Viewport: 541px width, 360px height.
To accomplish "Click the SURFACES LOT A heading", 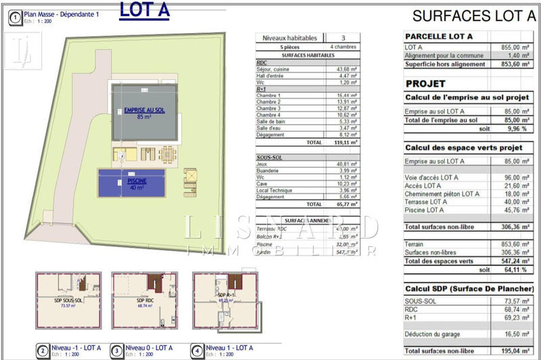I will [x=473, y=16].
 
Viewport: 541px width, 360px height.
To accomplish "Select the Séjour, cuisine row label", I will [x=274, y=69].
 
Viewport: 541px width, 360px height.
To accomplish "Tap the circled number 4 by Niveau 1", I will [x=196, y=351].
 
